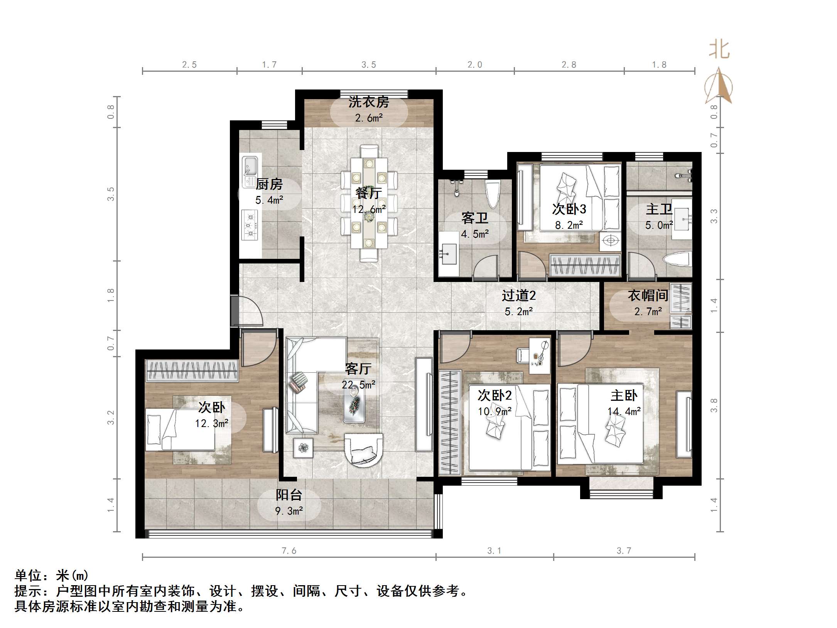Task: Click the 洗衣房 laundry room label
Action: click(x=368, y=102)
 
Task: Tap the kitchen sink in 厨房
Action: click(x=250, y=170)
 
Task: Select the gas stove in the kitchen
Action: click(x=250, y=225)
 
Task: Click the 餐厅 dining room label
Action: click(x=369, y=193)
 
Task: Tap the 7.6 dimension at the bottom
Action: click(x=289, y=551)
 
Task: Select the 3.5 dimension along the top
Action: click(x=368, y=65)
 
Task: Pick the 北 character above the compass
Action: click(x=719, y=50)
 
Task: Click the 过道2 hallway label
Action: click(x=518, y=296)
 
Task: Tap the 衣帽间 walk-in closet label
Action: click(x=648, y=296)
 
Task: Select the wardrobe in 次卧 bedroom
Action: click(x=192, y=370)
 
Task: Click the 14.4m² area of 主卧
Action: click(x=624, y=412)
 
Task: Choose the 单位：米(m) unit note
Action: click(x=52, y=576)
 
